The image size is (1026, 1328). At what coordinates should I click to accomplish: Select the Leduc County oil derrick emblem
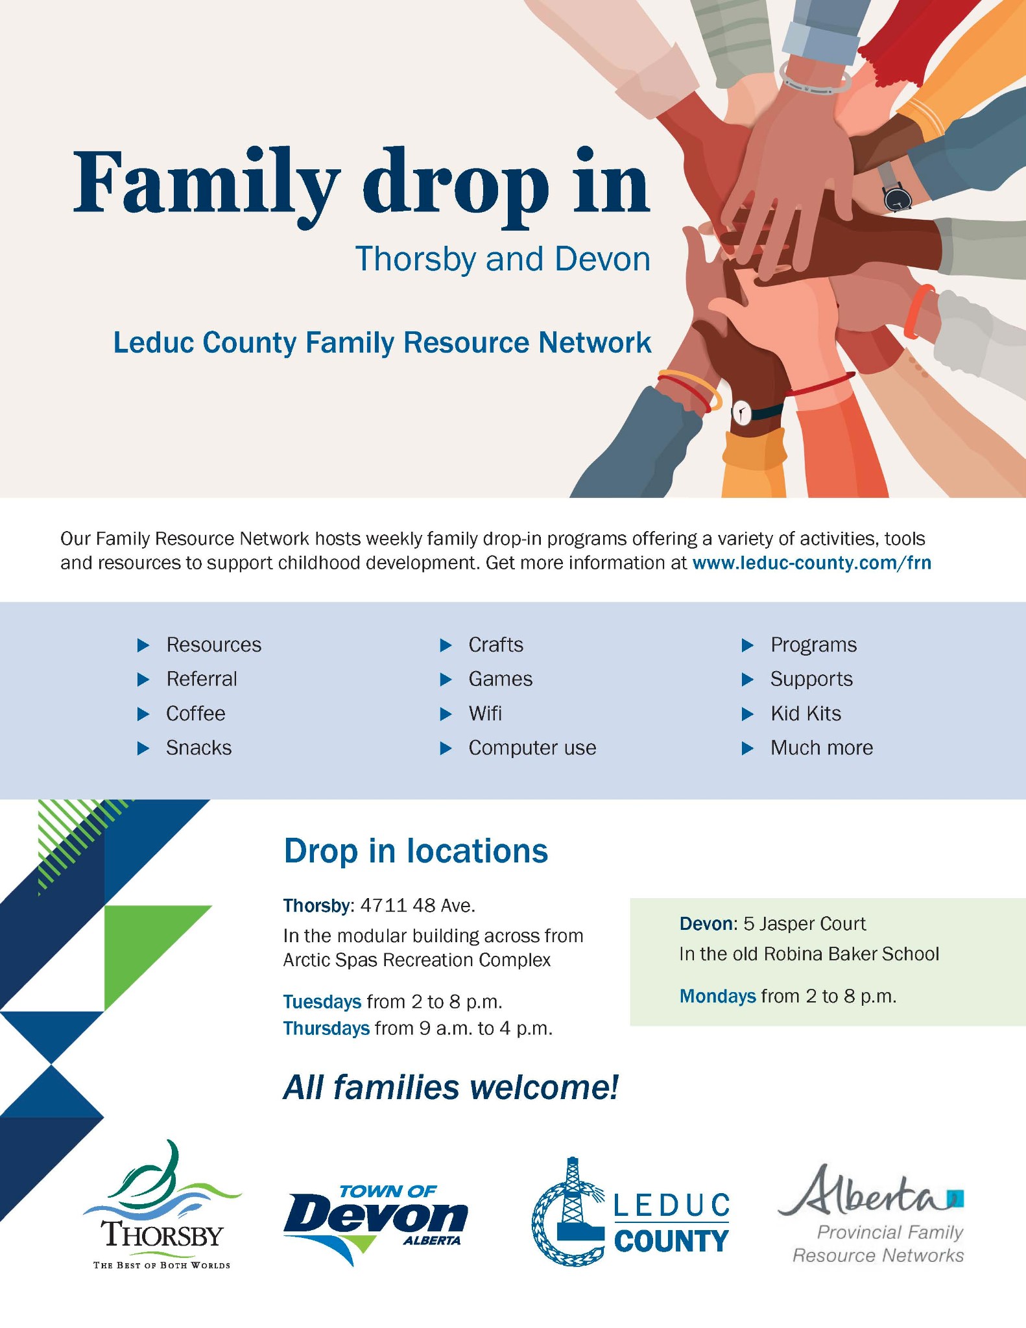pos(569,1213)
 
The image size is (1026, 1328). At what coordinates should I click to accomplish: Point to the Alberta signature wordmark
pos(865,1193)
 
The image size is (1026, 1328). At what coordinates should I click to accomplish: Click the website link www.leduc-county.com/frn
pos(811,563)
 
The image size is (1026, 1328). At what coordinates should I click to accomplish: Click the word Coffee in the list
pos(196,713)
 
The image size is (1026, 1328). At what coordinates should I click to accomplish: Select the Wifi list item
pos(485,713)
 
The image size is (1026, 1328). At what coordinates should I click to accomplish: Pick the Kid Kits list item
pos(805,713)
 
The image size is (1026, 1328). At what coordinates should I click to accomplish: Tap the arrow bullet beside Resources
pos(143,645)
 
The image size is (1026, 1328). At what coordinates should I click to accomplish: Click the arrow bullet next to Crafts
pos(446,645)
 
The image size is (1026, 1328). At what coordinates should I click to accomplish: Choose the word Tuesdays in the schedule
pos(322,1002)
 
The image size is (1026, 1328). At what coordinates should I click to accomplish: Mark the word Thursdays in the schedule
pos(326,1028)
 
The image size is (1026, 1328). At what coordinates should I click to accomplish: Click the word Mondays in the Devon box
pos(717,996)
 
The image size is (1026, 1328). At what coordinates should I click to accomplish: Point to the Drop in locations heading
pos(416,851)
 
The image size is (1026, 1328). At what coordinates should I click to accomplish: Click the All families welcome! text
pos(451,1087)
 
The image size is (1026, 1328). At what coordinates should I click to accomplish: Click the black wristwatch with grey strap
pos(897,197)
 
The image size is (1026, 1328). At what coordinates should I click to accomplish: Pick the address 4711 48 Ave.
pos(418,905)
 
